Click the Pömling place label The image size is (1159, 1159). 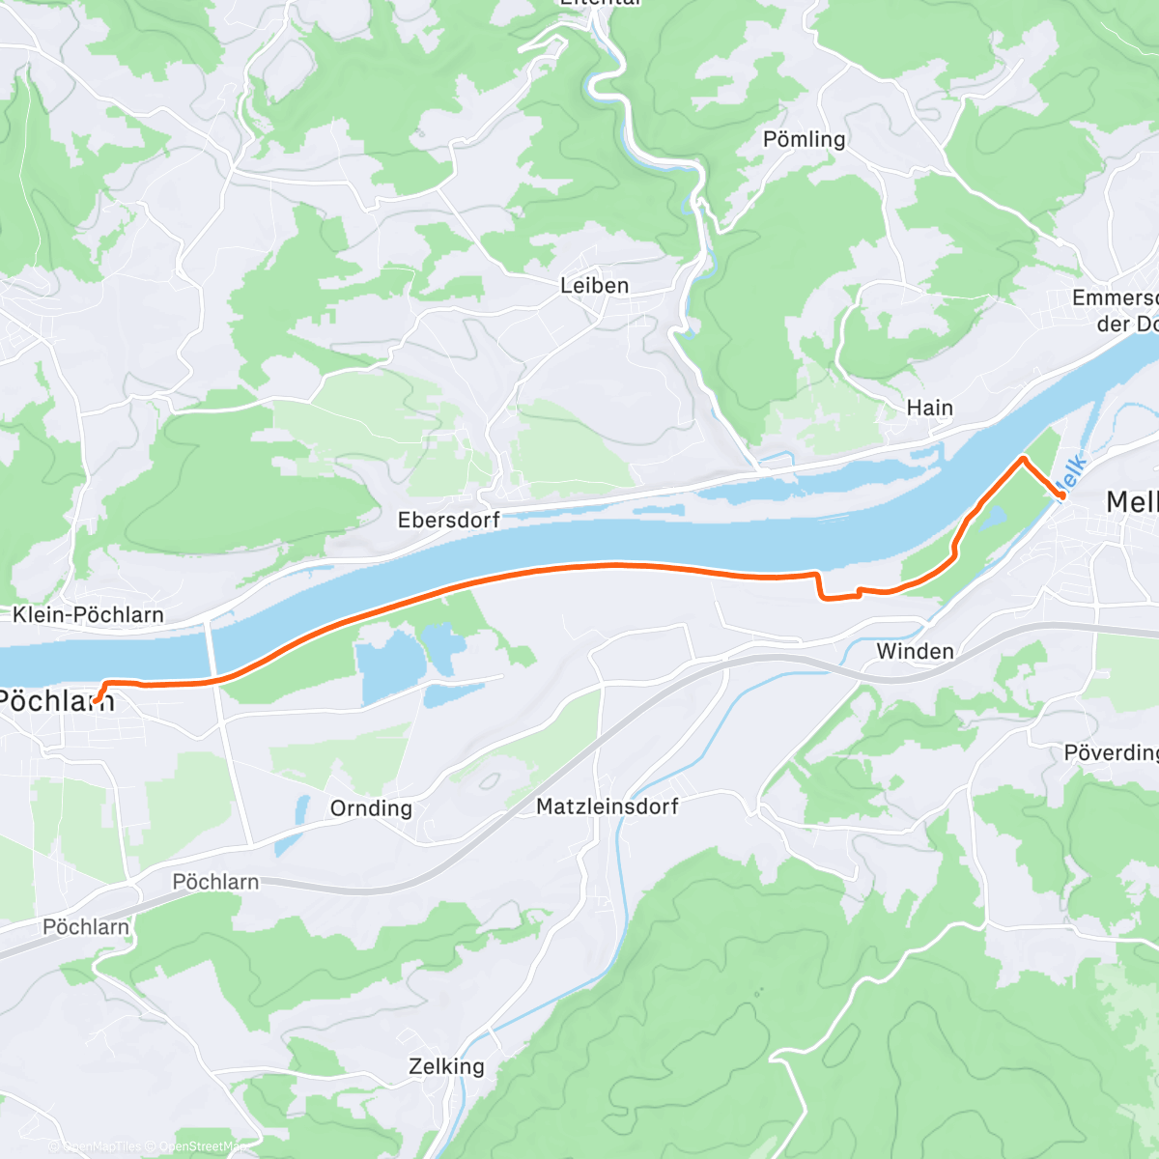pyautogui.click(x=804, y=139)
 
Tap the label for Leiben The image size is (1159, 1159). pyautogui.click(x=594, y=286)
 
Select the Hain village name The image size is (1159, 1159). pyautogui.click(x=929, y=408)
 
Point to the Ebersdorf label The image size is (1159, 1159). pyautogui.click(x=448, y=520)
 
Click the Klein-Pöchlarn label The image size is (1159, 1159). pyautogui.click(x=88, y=614)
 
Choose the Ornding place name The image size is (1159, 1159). pyautogui.click(x=371, y=807)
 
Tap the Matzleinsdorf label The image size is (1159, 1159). pyautogui.click(x=607, y=806)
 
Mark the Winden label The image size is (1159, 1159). pyautogui.click(x=915, y=651)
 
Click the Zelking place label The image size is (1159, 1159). pyautogui.click(x=446, y=1066)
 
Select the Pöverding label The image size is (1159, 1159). pyautogui.click(x=1111, y=752)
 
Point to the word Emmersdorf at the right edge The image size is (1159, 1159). pyautogui.click(x=1115, y=297)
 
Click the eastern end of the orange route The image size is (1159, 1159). pyautogui.click(x=1062, y=495)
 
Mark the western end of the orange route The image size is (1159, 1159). pyautogui.click(x=96, y=700)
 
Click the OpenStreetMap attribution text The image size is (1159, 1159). pyautogui.click(x=201, y=1146)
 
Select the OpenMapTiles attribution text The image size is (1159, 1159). pyautogui.click(x=100, y=1146)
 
